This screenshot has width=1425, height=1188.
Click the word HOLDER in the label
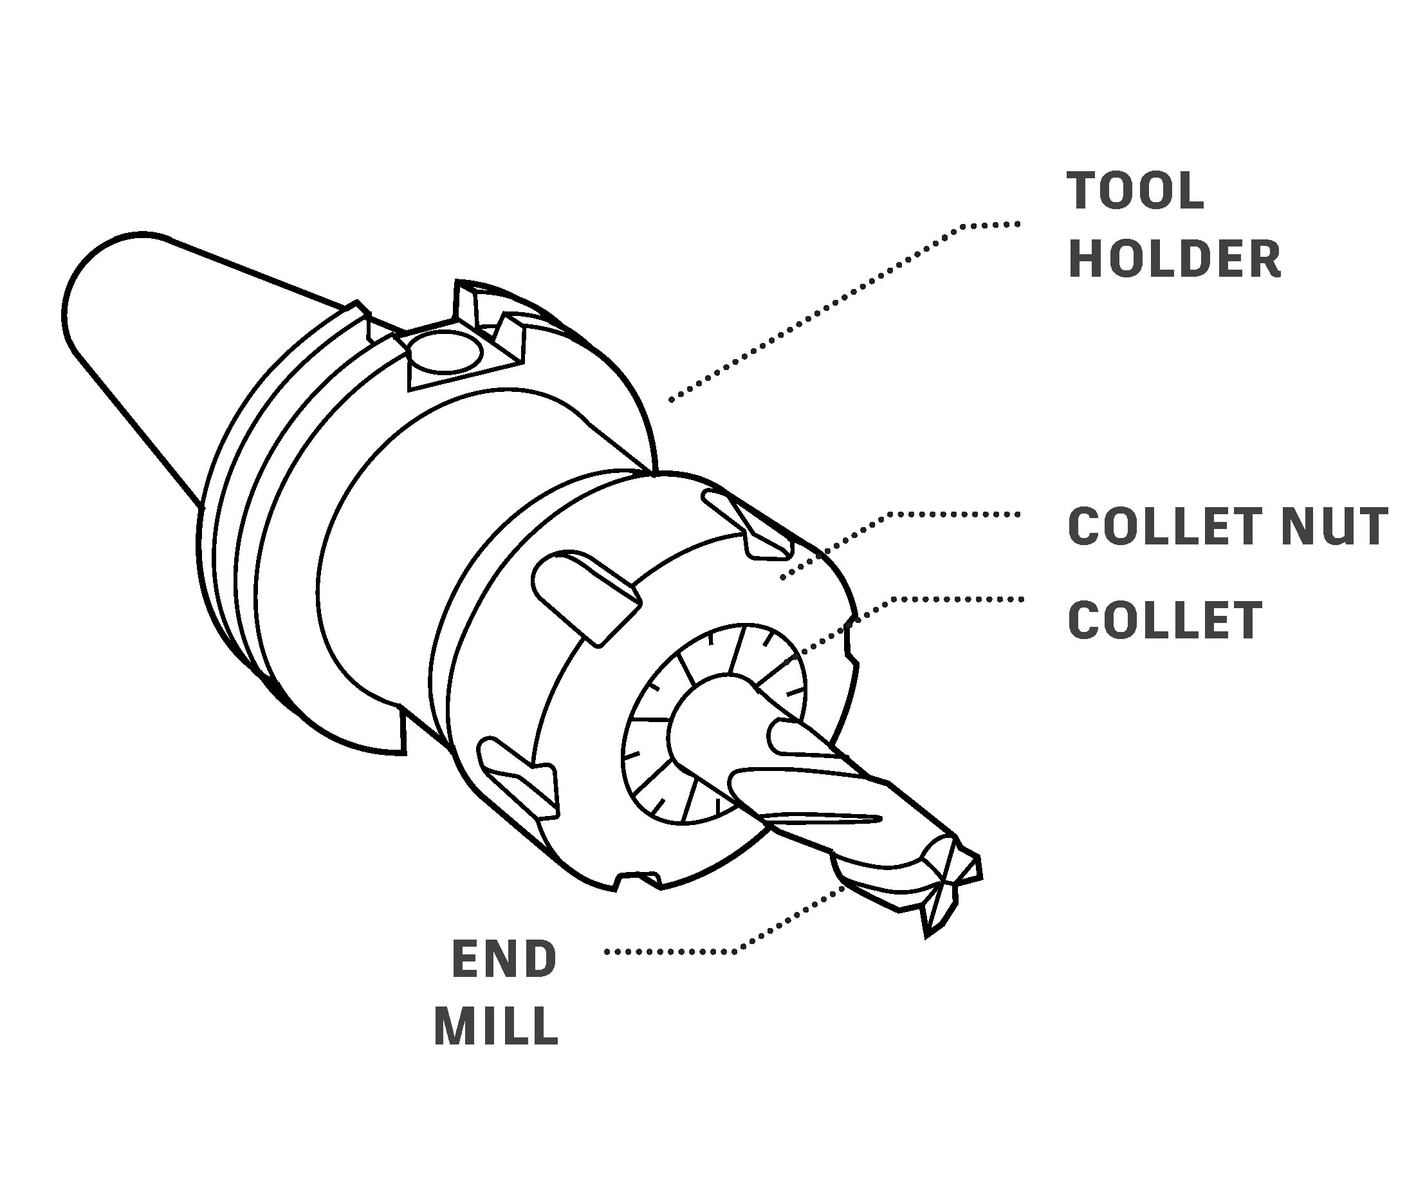pos(1174,259)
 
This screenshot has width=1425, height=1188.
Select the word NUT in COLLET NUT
pos(1334,526)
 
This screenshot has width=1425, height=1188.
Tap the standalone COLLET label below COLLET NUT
pos(1164,620)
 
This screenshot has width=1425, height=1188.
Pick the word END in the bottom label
pos(504,960)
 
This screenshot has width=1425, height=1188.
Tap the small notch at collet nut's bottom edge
pos(638,880)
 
